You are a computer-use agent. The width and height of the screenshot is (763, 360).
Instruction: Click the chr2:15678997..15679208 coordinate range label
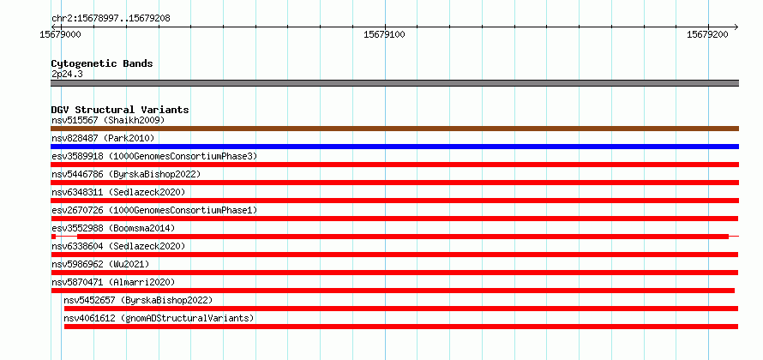[111, 19]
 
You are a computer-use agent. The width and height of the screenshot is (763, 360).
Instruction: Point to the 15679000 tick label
[60, 34]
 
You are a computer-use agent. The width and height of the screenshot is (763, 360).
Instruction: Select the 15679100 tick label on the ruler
[384, 34]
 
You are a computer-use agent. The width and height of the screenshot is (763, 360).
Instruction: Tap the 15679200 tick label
[707, 34]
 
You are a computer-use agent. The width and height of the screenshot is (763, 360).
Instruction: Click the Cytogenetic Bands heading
[102, 63]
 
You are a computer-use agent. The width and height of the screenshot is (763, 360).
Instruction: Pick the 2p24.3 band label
[67, 75]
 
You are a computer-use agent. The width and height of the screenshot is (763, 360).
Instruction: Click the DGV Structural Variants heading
[120, 110]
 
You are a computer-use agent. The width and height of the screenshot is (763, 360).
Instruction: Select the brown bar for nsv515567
[394, 129]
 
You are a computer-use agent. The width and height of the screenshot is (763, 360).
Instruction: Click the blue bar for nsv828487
[394, 147]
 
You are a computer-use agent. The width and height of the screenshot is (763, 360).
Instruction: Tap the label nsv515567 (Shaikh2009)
[109, 120]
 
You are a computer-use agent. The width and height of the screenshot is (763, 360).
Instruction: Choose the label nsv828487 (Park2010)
[103, 138]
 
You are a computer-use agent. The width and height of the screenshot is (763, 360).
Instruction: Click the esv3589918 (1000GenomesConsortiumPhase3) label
[154, 156]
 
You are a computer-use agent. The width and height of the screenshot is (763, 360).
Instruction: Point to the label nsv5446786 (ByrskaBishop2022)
[126, 174]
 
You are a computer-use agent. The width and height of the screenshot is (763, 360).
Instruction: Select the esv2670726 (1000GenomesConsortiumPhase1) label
[154, 210]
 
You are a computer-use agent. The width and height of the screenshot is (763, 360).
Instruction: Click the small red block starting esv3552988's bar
[53, 237]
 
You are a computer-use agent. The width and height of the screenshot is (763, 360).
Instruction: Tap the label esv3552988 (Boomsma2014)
[113, 228]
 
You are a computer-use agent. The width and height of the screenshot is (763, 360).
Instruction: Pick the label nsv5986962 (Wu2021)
[100, 264]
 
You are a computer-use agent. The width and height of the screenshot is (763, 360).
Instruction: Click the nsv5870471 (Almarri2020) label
[113, 282]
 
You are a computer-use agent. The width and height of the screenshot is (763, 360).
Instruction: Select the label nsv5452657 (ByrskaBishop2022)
[138, 300]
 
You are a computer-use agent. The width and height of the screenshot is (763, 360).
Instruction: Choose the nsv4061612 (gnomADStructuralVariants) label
[159, 318]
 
